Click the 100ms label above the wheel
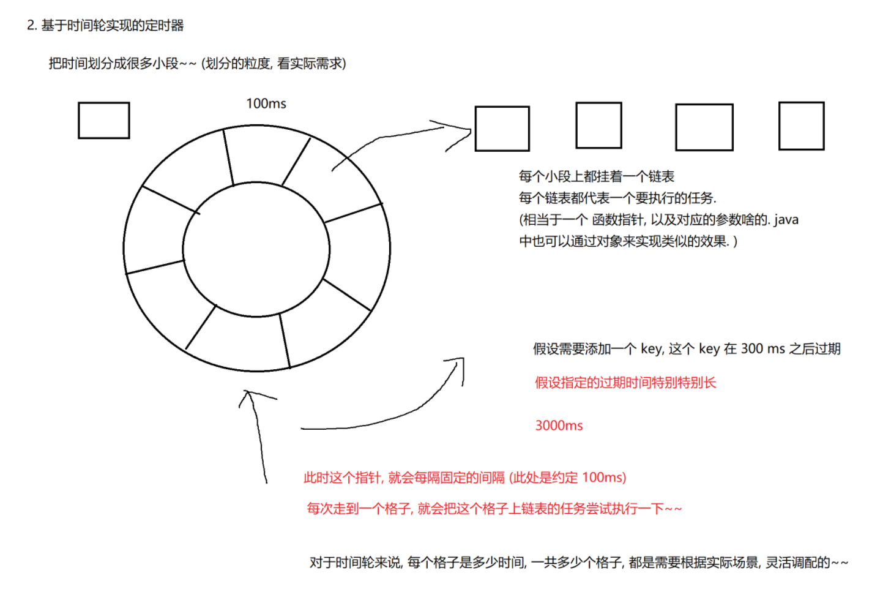coord(266,103)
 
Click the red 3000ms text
coord(559,426)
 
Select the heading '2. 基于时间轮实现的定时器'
coord(105,25)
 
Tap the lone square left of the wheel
coord(103,120)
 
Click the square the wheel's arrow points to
coord(502,129)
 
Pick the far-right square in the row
coord(801,126)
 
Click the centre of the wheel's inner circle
coord(256,249)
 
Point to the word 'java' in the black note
coord(786,220)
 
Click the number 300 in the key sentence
coord(751,349)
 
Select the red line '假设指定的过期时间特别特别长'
coord(625,383)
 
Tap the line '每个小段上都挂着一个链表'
coord(596,176)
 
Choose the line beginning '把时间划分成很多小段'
coord(197,63)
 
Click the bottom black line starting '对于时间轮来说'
coord(578,562)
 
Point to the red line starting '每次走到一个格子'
coord(494,508)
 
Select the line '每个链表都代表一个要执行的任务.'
coord(617,198)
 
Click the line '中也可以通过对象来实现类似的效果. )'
coord(628,241)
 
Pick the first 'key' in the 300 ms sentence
coord(651,349)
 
